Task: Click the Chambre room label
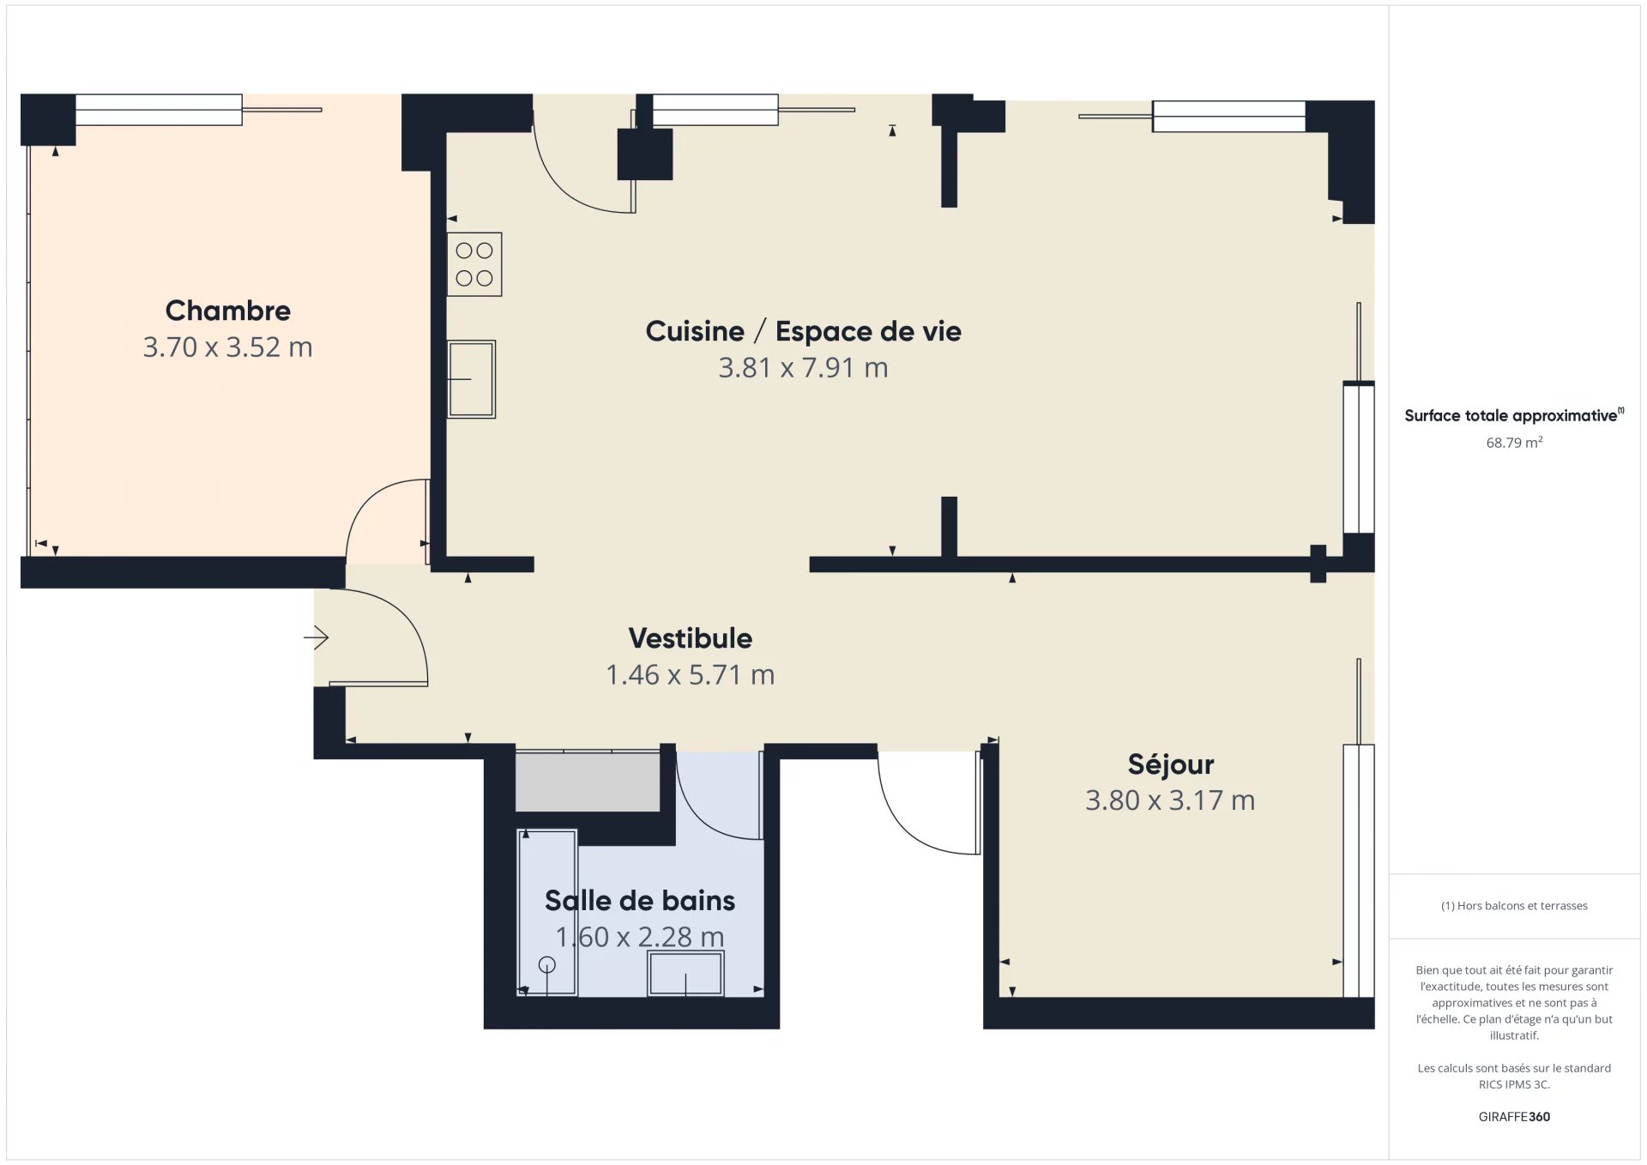[x=227, y=311]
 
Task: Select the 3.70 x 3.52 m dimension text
[x=227, y=347]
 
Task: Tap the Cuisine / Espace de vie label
[x=803, y=331]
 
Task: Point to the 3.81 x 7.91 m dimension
[x=803, y=368]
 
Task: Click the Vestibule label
[x=690, y=638]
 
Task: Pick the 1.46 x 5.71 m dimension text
[x=690, y=675]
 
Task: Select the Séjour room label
[x=1170, y=764]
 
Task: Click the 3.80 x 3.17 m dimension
[x=1170, y=800]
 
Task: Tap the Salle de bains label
[x=640, y=901]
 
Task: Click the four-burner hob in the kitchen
[x=474, y=264]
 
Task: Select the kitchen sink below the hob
[x=471, y=379]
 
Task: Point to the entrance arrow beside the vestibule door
[x=317, y=637]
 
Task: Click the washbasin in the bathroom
[x=685, y=973]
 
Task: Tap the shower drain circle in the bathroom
[x=546, y=965]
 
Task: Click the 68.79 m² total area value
[x=1514, y=443]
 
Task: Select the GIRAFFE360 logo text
[x=1514, y=1117]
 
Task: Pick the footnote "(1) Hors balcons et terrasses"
[x=1514, y=906]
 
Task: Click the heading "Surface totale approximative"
[x=1511, y=416]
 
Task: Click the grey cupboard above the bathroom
[x=588, y=782]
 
